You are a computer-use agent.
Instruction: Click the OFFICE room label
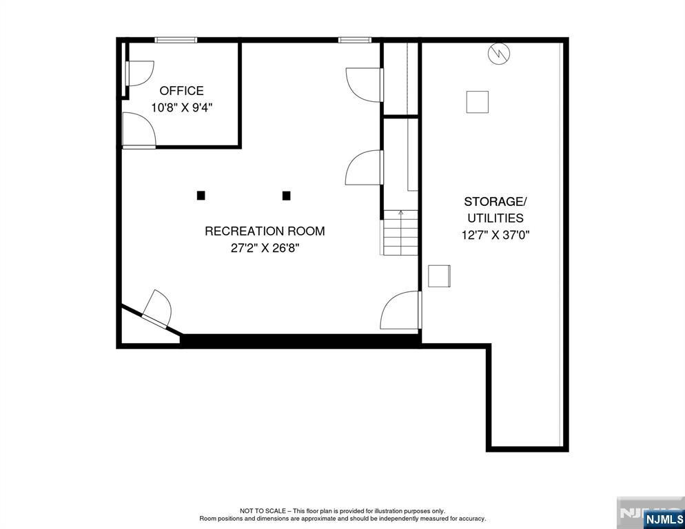[181, 90]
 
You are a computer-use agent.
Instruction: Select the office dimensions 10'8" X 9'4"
[181, 107]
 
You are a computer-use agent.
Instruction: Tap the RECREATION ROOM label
[265, 231]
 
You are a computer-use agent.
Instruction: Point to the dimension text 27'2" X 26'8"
[265, 248]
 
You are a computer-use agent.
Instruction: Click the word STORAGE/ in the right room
[495, 202]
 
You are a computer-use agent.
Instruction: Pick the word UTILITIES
[495, 218]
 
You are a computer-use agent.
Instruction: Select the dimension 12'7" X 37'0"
[495, 235]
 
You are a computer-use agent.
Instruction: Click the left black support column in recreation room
[201, 196]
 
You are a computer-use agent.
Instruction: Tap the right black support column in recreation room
[287, 196]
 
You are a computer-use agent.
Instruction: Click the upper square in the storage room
[477, 101]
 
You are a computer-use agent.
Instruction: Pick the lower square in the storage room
[439, 276]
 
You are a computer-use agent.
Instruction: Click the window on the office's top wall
[176, 40]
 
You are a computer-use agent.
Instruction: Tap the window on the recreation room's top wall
[355, 40]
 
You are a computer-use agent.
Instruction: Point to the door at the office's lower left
[139, 131]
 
